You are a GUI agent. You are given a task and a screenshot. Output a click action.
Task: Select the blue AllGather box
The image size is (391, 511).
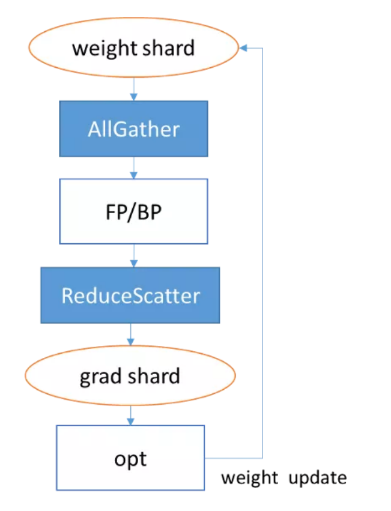133,129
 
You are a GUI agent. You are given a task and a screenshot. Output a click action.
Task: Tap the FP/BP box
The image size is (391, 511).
133,211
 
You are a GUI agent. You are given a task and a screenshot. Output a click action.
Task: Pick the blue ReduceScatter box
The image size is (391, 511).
130,295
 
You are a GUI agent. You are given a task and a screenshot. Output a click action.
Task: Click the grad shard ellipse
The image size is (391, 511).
130,376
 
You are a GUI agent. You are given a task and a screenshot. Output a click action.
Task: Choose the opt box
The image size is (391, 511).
130,458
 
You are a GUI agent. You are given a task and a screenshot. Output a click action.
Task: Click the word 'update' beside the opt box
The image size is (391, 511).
318,478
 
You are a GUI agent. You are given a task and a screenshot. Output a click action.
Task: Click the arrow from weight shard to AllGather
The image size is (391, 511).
133,88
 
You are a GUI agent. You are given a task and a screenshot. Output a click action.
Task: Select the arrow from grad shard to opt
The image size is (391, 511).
130,414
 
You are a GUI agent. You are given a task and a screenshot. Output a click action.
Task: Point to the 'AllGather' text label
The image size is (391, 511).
133,129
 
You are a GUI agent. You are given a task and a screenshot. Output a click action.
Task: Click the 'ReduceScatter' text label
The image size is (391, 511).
130,295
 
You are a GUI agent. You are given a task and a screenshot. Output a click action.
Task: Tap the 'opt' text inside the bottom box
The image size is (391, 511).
130,459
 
